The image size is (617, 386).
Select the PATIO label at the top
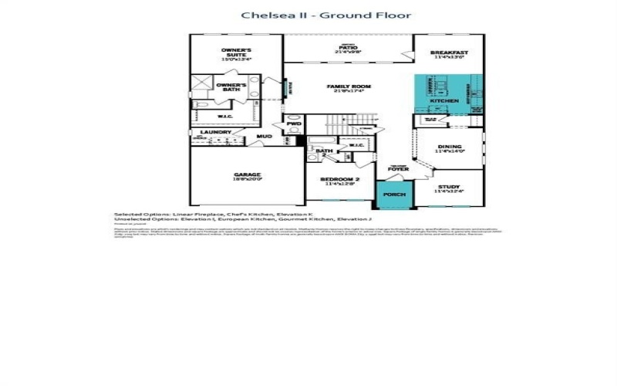(347, 48)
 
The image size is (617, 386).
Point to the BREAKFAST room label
(449, 53)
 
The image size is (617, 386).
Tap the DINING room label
(449, 147)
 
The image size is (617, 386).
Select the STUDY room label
(449, 187)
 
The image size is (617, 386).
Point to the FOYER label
(398, 169)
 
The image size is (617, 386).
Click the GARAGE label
(248, 175)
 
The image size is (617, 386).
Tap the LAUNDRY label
(216, 132)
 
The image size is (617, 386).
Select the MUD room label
(265, 137)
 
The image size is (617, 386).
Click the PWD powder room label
(294, 124)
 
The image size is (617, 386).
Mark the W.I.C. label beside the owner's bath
(225, 117)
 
